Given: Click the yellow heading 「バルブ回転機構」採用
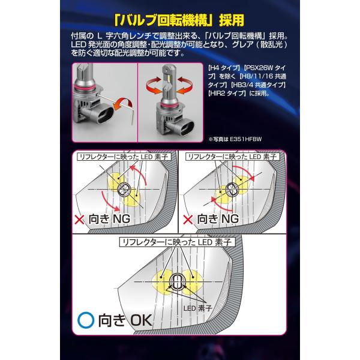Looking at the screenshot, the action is tap(179, 20).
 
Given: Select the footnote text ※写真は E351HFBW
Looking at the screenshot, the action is tap(235, 139).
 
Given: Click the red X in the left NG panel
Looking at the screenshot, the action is tap(79, 220).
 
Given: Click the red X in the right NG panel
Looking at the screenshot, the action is tap(188, 220).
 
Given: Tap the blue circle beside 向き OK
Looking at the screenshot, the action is tap(86, 320).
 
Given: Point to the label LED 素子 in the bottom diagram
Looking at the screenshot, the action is tap(197, 308).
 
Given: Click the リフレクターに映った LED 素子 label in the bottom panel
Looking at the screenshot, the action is tap(177, 242).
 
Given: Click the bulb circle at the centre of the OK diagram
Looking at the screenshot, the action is tap(178, 282).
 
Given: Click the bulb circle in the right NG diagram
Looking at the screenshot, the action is tap(232, 190).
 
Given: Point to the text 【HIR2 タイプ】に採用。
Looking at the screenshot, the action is tap(239, 93).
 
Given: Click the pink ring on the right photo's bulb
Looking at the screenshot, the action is tap(167, 104).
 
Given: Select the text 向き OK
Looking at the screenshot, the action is tap(125, 320).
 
